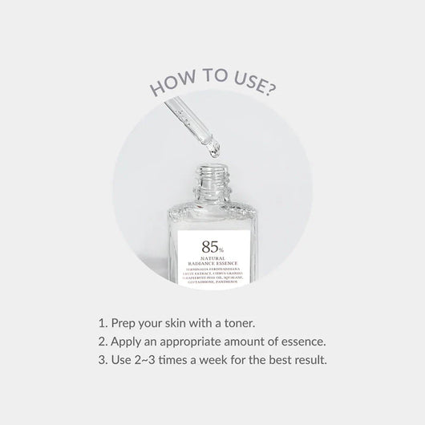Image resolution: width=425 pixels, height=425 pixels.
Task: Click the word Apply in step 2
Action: click(127, 342)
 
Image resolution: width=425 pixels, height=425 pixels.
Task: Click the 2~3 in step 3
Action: click(146, 359)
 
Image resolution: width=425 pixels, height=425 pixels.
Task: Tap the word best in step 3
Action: click(280, 359)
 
